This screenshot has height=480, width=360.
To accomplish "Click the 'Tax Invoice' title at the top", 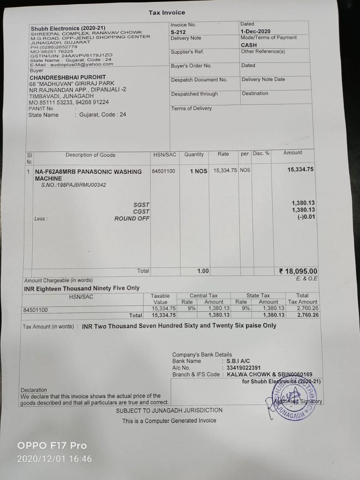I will pos(166,12).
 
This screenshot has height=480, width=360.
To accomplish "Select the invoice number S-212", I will pos(178,32).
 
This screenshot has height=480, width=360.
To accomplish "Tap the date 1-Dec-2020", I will pos(255,31).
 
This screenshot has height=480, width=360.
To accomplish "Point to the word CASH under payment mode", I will pos(249,45).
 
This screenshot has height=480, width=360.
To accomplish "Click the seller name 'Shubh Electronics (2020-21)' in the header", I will pos(68,28).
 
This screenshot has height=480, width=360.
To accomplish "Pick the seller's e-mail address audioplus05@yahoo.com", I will pos(81,64).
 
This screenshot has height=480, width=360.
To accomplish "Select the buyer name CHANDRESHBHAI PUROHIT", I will pos(68,77).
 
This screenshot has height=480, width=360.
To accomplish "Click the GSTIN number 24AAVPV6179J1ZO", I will pos(87,55).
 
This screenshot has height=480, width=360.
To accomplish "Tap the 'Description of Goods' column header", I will pos(90,155).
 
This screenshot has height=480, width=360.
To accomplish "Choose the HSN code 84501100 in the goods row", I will pos(163,171).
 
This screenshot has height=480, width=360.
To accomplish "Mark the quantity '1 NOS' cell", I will pos(198,171).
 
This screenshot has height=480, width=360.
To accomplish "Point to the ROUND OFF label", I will pos(132,219).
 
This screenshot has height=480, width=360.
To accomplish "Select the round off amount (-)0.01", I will pos(306,217).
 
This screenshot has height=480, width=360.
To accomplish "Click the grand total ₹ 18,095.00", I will pos(298,271).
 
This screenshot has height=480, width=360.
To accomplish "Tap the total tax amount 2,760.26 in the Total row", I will pos(307,315).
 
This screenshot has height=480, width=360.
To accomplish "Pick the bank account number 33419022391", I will pos(243,368).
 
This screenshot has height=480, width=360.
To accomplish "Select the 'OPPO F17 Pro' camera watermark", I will pos(52,445).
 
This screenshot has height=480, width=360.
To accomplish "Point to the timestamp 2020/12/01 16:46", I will pos(54,459).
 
